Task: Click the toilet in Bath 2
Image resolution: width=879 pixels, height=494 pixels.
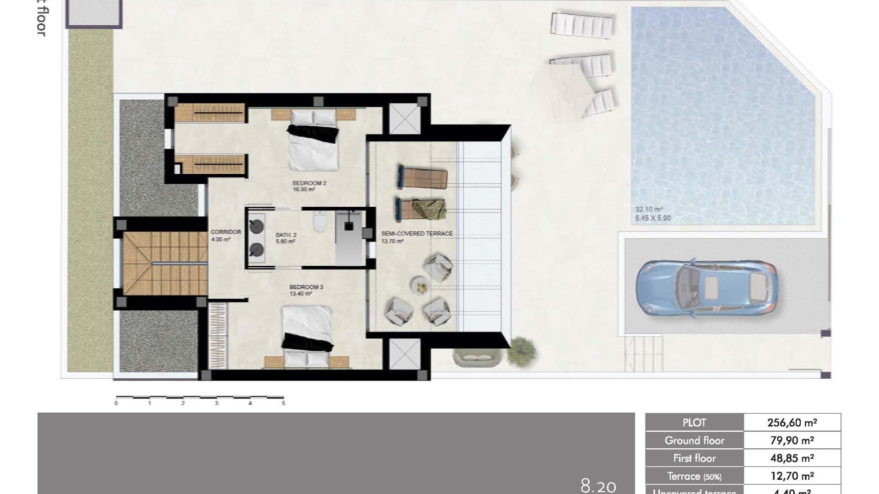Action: pos(319,223)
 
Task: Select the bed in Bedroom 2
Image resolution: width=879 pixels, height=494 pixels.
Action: pos(314,142)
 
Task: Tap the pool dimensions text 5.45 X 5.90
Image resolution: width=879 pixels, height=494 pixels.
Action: pos(652,219)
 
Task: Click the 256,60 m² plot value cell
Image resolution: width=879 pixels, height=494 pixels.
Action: pos(792,423)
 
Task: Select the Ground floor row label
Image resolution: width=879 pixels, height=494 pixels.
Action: pos(694,440)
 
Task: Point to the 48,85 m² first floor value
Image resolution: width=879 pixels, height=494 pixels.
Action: pos(792,458)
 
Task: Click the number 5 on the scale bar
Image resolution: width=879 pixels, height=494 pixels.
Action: pos(283,403)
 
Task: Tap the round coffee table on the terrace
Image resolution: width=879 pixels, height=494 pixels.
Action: pos(420,285)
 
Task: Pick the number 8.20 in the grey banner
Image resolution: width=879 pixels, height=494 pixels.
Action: pos(598,485)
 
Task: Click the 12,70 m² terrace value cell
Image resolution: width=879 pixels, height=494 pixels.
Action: pos(792,476)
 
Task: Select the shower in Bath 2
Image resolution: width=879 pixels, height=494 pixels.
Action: pos(349,236)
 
